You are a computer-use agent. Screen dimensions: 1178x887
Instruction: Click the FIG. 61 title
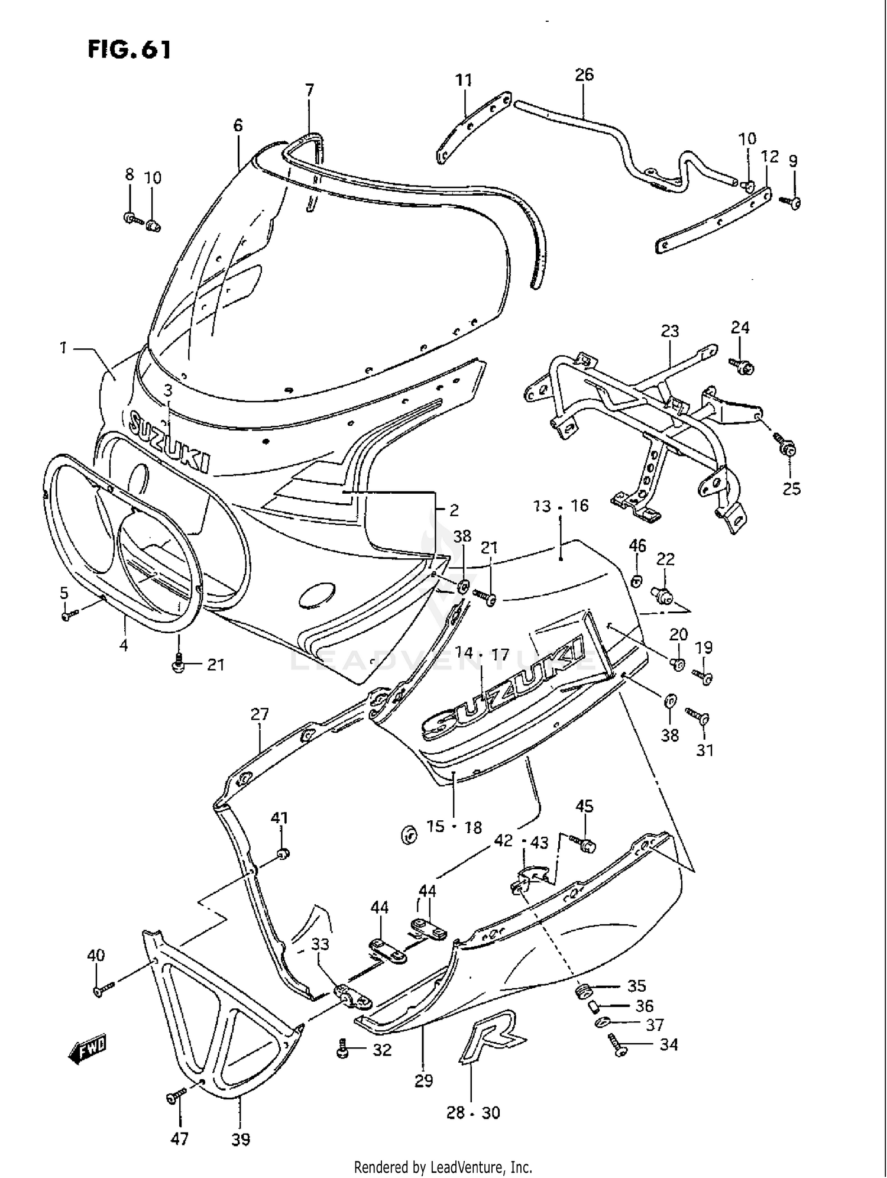click(x=130, y=50)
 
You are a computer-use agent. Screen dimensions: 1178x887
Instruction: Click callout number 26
click(x=584, y=75)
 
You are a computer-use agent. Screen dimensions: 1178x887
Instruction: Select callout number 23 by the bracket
click(x=669, y=331)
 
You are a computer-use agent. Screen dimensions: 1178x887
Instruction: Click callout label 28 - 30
click(x=473, y=1113)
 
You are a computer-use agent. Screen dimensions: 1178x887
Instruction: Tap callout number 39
click(x=240, y=1139)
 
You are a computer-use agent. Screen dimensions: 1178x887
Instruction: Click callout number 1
click(x=63, y=348)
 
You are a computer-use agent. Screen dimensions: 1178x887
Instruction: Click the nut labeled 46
click(x=636, y=580)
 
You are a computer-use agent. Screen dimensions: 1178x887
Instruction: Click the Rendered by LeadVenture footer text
click(x=443, y=1167)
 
